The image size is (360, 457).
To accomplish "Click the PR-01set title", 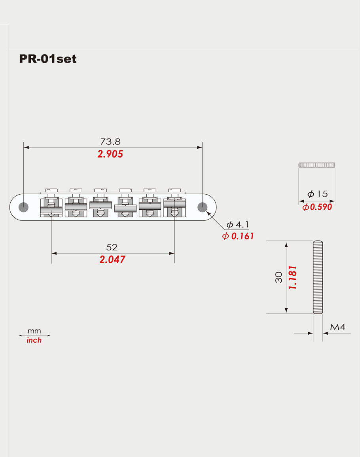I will pos(47,59).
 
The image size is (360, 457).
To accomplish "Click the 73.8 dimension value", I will pos(110,141).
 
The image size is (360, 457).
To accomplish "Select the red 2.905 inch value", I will pos(110,154).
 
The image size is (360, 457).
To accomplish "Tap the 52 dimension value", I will pos(112,247).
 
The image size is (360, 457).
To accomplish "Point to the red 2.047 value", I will pos(112,260).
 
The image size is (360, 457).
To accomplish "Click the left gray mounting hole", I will pos(23,207).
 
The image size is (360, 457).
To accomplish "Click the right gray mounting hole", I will pos(203,207).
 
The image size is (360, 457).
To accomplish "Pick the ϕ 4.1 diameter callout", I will pos(237,225).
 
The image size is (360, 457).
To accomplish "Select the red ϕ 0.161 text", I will pos(238,236).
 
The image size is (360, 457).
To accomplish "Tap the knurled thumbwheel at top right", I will pos(316,165).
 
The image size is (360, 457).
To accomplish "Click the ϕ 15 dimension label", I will pos(318,194).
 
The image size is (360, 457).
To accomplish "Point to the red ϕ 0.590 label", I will pos(317,207).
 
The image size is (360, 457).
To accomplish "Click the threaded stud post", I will pos(318,277).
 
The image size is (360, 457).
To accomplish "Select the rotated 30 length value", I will pos(279,277).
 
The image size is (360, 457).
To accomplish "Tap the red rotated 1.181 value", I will pos(293,277).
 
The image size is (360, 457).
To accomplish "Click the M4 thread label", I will pos(337,327).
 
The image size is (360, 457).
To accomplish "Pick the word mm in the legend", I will pos(34,331).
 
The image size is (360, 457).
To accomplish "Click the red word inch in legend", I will pos(34,340).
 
